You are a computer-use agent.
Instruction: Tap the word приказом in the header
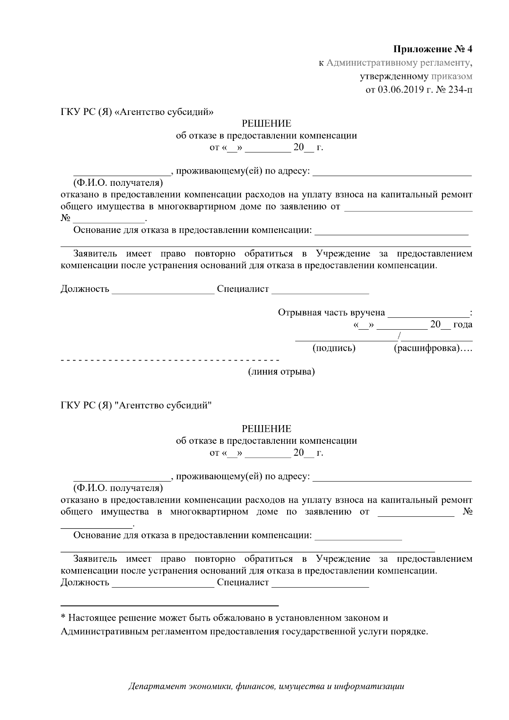tap(452, 76)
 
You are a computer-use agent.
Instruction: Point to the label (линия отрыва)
tap(281, 372)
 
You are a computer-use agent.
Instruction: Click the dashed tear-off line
tap(170, 360)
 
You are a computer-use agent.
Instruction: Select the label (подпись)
tap(334, 348)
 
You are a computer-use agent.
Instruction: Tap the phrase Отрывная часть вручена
tap(331, 313)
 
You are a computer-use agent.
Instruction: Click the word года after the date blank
tap(463, 325)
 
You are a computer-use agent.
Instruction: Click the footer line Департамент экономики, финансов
tap(266, 686)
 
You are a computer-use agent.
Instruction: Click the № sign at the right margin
tap(467, 512)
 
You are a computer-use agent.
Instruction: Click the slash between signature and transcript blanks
tap(399, 337)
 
